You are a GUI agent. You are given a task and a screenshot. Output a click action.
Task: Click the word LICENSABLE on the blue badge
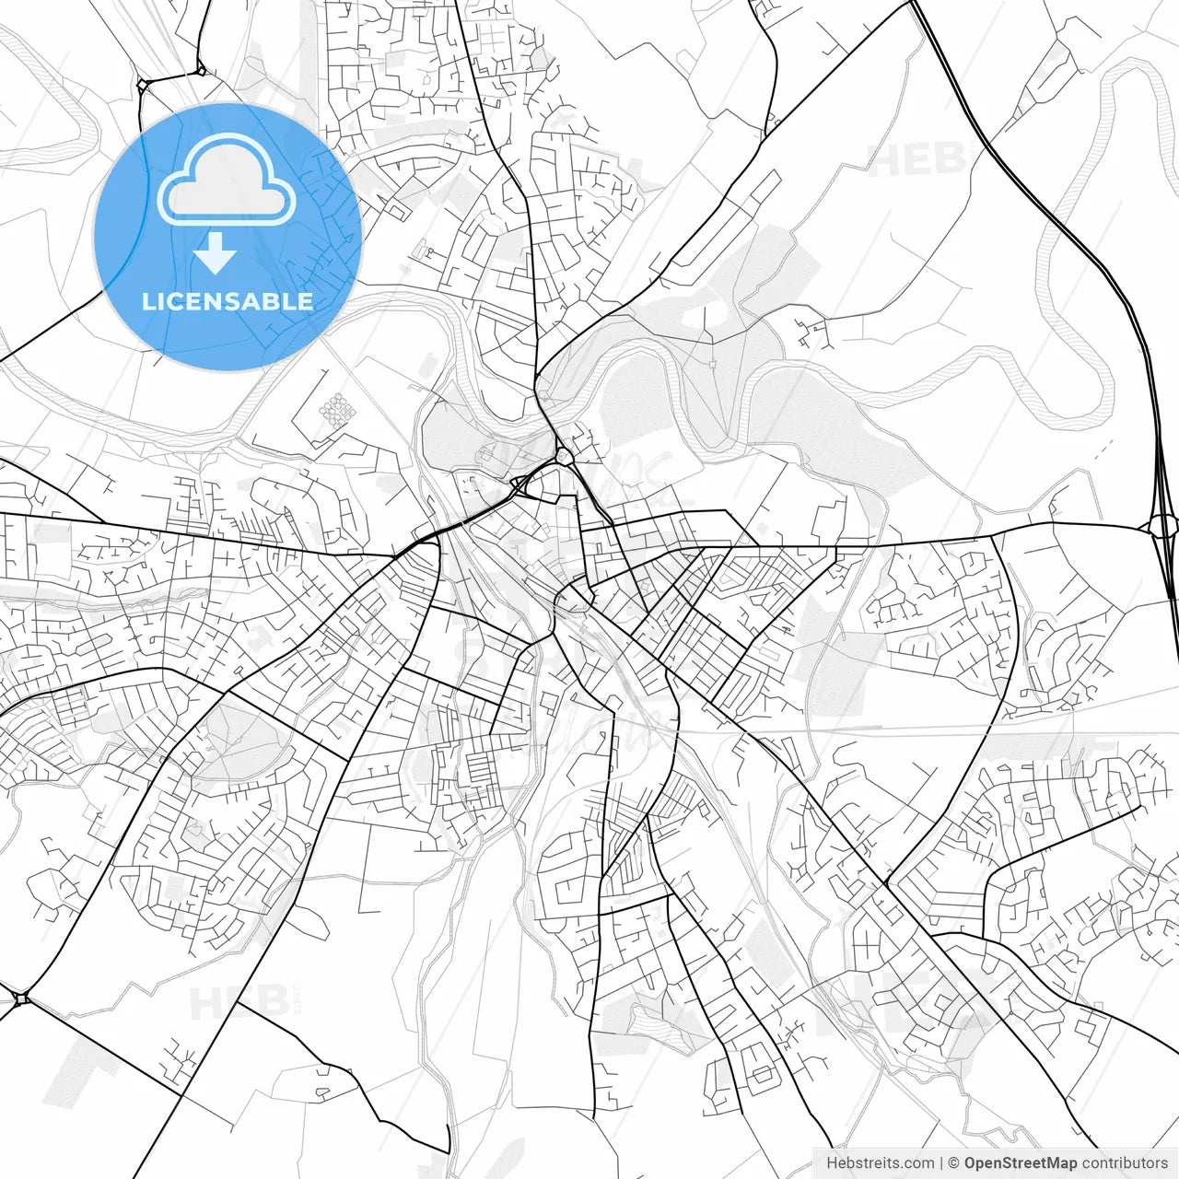pyautogui.click(x=228, y=301)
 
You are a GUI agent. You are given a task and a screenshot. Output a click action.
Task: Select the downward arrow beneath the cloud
pyautogui.click(x=216, y=252)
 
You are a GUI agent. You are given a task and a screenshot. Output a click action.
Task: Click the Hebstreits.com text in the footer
pyautogui.click(x=880, y=1163)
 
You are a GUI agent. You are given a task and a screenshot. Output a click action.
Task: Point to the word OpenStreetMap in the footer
pyautogui.click(x=1021, y=1163)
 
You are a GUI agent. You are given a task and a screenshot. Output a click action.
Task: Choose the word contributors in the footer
pyautogui.click(x=1125, y=1163)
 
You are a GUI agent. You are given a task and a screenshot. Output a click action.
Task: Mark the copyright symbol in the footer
pyautogui.click(x=954, y=1163)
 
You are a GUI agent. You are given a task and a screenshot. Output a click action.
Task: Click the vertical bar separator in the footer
pyautogui.click(x=941, y=1163)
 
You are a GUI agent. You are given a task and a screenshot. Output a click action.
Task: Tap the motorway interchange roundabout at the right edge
pyautogui.click(x=1163, y=526)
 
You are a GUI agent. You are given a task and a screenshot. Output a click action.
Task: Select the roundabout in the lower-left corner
pyautogui.click(x=21, y=998)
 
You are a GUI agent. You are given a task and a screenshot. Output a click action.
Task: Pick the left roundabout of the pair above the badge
pyautogui.click(x=142, y=85)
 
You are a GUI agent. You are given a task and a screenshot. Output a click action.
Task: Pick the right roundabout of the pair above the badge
pyautogui.click(x=200, y=68)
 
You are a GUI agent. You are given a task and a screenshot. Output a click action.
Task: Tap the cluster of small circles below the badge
pyautogui.click(x=337, y=410)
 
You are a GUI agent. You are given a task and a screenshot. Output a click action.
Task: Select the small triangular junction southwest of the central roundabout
pyautogui.click(x=519, y=483)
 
